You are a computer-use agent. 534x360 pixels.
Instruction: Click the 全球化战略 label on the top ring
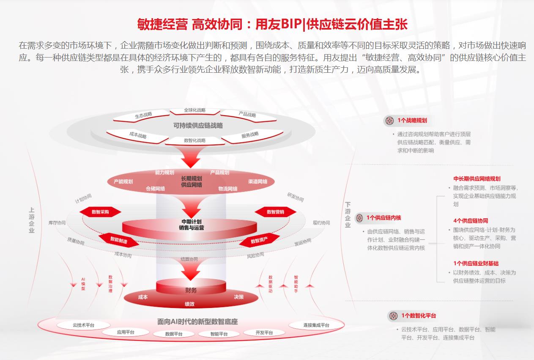tap(195, 110)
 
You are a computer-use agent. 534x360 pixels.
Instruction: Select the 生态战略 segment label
tap(143, 115)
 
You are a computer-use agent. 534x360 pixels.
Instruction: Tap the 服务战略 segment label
tap(250, 135)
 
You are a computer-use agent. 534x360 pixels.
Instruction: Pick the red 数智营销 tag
tap(275, 212)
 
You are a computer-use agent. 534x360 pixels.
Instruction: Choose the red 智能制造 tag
tap(119, 240)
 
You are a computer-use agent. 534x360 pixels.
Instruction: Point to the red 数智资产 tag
tap(259, 241)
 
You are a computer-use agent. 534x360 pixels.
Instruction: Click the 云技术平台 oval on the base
tap(84, 325)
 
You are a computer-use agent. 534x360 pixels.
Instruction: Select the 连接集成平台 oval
tap(316, 325)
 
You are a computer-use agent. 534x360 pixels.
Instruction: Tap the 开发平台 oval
tap(264, 333)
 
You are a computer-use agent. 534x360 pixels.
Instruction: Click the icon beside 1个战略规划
tap(389, 121)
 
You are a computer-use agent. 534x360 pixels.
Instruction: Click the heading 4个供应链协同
tap(471, 221)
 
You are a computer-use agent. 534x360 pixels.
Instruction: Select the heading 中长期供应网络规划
tap(476, 179)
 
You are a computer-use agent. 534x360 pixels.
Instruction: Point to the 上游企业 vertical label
tap(32, 220)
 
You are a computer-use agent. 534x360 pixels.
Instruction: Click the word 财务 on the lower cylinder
tap(191, 291)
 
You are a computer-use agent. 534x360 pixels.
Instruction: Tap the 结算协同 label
tap(189, 259)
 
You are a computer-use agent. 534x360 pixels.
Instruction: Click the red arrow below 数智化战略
tap(191, 157)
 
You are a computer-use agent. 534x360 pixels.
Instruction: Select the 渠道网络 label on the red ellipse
tap(257, 181)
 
